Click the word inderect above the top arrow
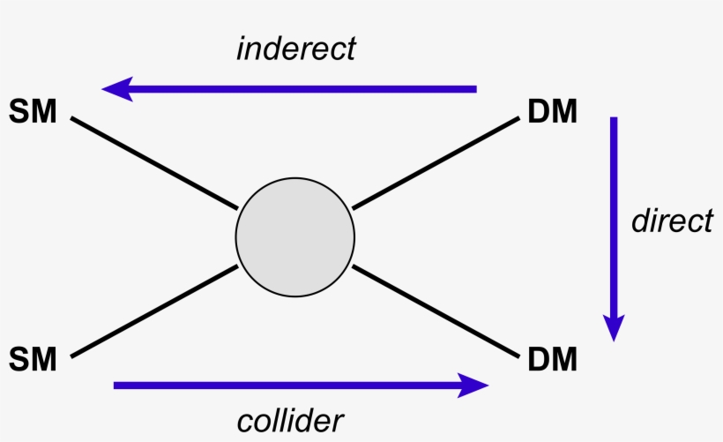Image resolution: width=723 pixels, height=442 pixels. pyautogui.click(x=296, y=49)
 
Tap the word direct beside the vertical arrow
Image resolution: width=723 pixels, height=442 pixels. pyautogui.click(x=672, y=221)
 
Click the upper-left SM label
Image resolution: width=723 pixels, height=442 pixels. pyautogui.click(x=33, y=112)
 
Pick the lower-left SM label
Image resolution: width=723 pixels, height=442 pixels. pyautogui.click(x=33, y=359)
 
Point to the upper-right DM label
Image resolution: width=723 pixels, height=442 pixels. pyautogui.click(x=553, y=112)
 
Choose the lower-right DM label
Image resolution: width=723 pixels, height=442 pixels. pyautogui.click(x=553, y=359)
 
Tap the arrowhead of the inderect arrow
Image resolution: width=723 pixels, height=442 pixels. pyautogui.click(x=118, y=89)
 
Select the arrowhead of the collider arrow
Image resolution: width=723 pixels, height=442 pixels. pyautogui.click(x=473, y=385)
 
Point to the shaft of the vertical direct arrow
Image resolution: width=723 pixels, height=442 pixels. pyautogui.click(x=615, y=212)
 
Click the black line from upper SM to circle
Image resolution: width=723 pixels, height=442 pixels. pyautogui.click(x=154, y=163)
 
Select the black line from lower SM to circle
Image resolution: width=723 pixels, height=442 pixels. pyautogui.click(x=154, y=311)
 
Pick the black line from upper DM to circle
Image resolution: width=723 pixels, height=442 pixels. pyautogui.click(x=436, y=164)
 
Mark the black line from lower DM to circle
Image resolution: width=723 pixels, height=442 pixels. pyautogui.click(x=436, y=311)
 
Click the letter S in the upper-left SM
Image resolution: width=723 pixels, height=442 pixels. pyautogui.click(x=20, y=112)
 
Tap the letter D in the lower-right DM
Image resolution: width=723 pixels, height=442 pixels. pyautogui.click(x=539, y=359)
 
